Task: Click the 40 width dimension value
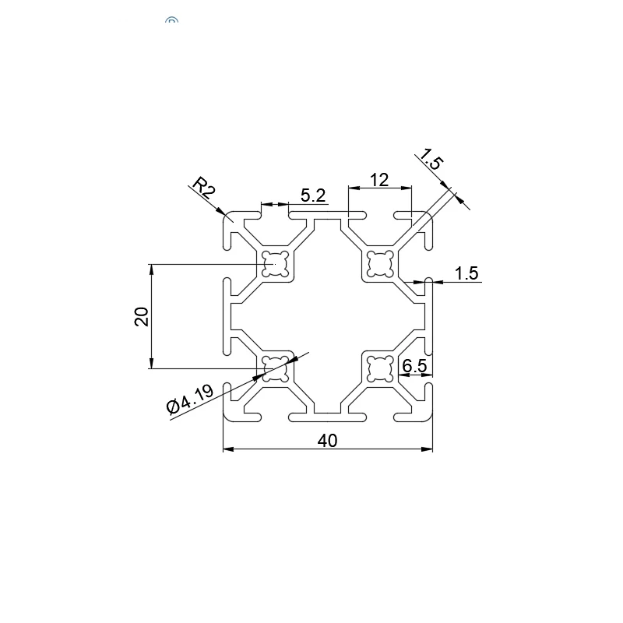(328, 441)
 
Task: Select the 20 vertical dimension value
(142, 316)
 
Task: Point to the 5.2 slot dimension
(312, 195)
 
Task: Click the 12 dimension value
(378, 180)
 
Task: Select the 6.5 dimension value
(414, 364)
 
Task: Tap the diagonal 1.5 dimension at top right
(430, 159)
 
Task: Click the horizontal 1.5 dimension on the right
(466, 273)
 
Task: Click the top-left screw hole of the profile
(275, 265)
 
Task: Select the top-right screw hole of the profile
(379, 265)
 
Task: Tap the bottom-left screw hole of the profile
(275, 368)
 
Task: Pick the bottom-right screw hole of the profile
(379, 368)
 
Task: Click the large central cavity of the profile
(327, 317)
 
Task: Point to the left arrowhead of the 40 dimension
(227, 449)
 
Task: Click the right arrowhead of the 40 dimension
(428, 449)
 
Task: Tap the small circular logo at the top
(172, 22)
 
